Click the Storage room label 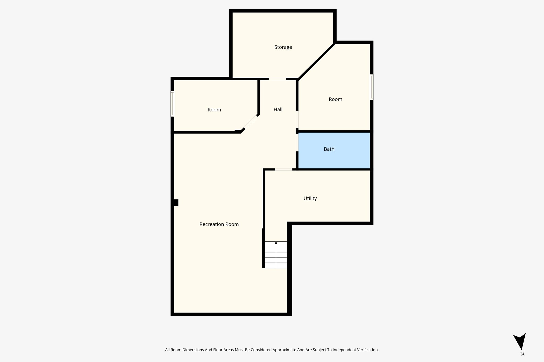(283, 47)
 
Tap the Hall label (278, 109)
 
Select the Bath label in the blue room (329, 149)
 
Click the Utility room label (310, 198)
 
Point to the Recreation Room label (219, 224)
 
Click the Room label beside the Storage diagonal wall (335, 99)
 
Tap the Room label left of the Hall (214, 110)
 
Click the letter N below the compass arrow (522, 354)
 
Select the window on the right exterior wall (372, 87)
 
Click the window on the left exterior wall (172, 104)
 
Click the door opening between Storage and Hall (277, 79)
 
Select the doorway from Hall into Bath (297, 143)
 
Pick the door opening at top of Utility (283, 169)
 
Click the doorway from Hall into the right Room (297, 119)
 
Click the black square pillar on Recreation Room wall (176, 203)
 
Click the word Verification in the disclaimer (367, 350)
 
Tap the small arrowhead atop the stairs (276, 243)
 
